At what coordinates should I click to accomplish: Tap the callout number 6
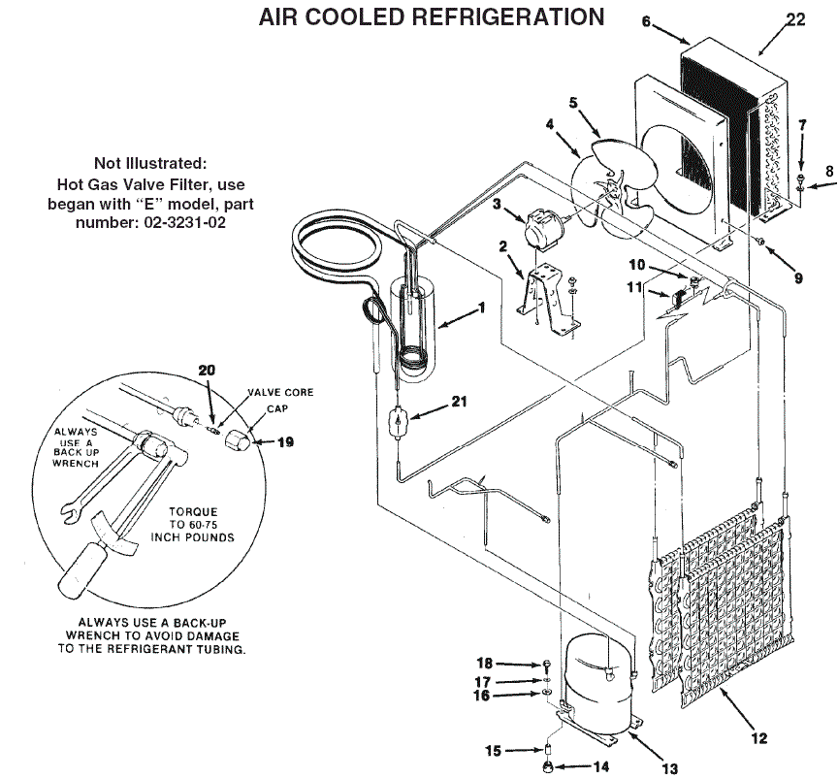(647, 22)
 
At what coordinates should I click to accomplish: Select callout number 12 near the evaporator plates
(758, 738)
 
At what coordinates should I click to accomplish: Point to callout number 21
(459, 402)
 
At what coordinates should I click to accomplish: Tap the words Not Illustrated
(150, 163)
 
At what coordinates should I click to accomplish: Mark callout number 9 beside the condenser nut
(798, 278)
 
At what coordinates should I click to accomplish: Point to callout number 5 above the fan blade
(573, 101)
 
